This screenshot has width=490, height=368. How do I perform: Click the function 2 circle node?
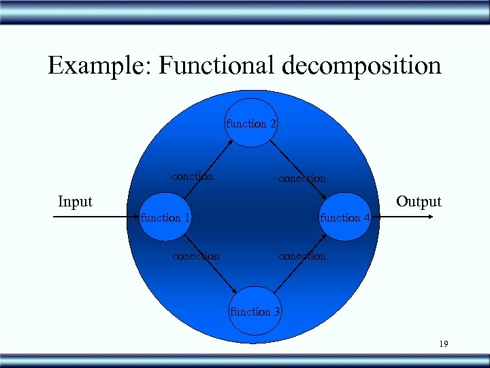click(252, 123)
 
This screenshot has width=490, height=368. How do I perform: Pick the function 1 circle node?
click(165, 217)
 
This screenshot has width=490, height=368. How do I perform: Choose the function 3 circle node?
click(255, 311)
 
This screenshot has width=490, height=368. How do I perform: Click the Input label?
click(75, 202)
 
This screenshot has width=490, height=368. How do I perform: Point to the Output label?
click(419, 202)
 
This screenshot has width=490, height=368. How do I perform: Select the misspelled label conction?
click(193, 177)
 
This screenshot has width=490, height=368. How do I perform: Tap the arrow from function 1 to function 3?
click(210, 264)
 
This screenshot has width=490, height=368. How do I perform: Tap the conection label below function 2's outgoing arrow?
click(301, 179)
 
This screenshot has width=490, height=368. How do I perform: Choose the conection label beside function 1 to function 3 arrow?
click(196, 256)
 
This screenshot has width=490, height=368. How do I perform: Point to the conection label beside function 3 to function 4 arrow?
click(301, 256)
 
